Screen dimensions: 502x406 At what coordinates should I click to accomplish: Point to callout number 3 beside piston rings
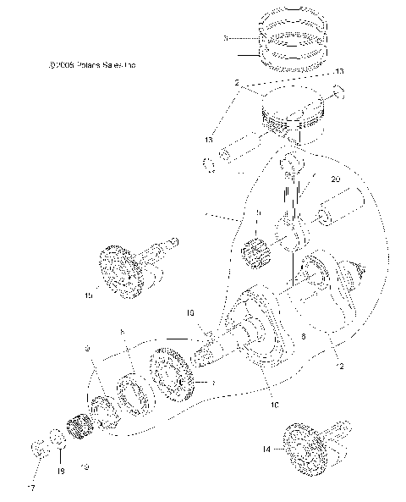click(x=225, y=39)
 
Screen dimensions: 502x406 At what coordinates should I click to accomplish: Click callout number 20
click(x=336, y=180)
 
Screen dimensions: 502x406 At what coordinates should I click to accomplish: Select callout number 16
click(x=190, y=312)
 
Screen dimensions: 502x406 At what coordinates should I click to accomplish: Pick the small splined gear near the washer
click(x=84, y=422)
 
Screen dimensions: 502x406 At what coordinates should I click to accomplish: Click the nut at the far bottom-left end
click(x=38, y=446)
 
